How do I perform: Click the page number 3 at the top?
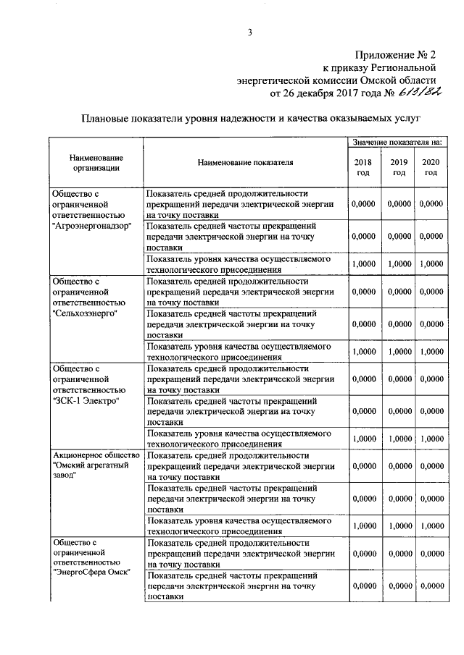[249, 31]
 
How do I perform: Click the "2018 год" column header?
[362, 168]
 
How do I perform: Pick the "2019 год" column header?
[399, 168]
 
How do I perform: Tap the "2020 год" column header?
[431, 168]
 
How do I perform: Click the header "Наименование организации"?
[96, 163]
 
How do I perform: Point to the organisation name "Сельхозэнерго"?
[85, 313]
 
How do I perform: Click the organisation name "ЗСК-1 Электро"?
[85, 400]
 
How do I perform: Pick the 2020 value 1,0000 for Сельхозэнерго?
[431, 352]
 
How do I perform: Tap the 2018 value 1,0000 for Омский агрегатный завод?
[362, 526]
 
